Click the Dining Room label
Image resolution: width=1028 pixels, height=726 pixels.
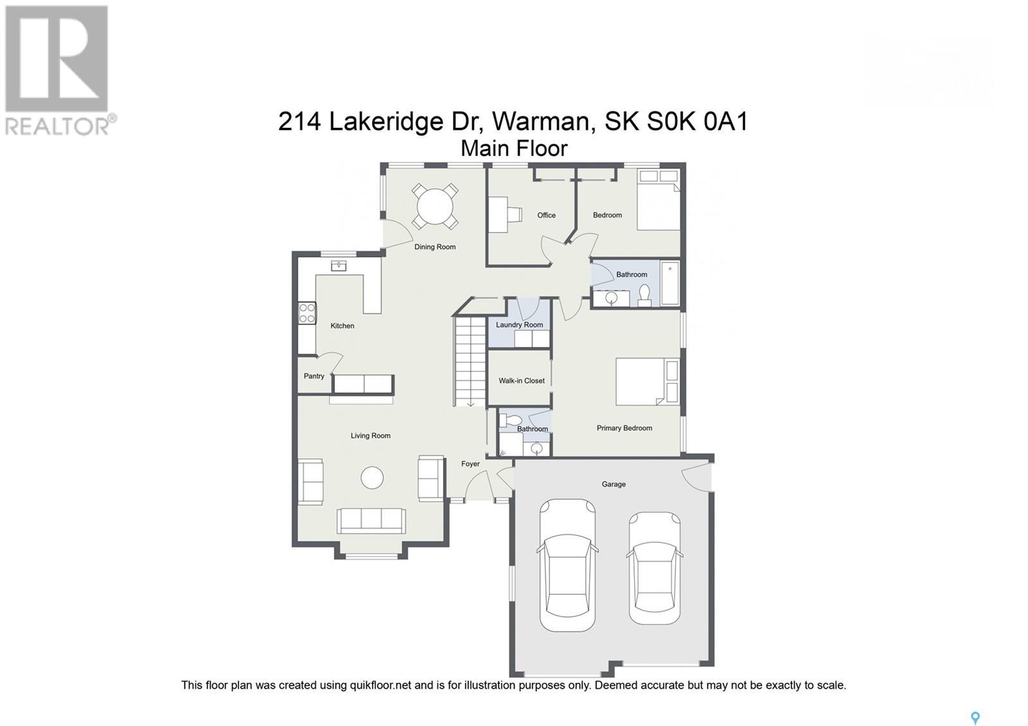coord(435,247)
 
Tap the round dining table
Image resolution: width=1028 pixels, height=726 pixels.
coord(435,207)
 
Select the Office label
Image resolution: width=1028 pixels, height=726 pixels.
coord(546,215)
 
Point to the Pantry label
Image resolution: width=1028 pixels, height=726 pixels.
coord(314,376)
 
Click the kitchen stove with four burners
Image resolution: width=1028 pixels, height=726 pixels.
coord(307,313)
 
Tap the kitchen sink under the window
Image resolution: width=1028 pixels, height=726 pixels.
coord(339,265)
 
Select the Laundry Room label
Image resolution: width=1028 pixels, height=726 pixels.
coord(519,324)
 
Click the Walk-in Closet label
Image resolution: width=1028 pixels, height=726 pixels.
coord(521,380)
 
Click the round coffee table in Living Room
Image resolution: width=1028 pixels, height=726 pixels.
coord(372,477)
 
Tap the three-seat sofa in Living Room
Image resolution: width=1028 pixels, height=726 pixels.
coord(371,520)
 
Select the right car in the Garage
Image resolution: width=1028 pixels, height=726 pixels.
coord(654,567)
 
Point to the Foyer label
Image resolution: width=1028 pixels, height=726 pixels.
coord(470,463)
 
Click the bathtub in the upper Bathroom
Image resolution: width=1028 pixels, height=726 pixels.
coord(669,283)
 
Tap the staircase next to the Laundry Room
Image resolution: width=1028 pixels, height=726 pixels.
coord(470,360)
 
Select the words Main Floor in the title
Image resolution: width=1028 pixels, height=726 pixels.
coord(514,148)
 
